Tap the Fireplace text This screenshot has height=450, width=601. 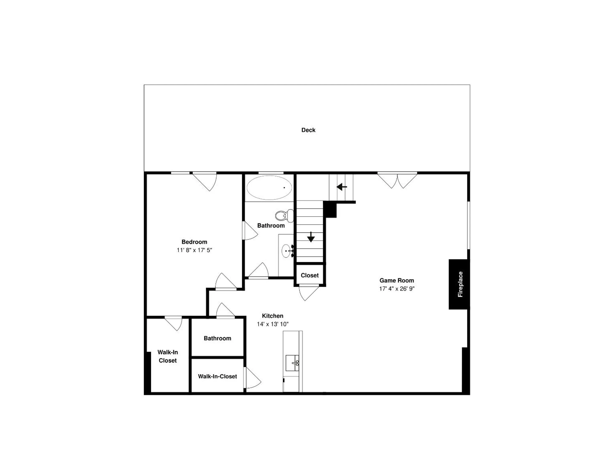click(460, 284)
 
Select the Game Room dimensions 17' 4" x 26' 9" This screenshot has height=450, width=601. click(397, 289)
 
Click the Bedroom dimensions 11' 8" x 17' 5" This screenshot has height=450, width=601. click(194, 250)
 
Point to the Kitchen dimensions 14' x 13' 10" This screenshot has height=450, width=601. click(273, 324)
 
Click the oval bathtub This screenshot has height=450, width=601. click(269, 187)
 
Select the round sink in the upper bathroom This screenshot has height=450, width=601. click(286, 251)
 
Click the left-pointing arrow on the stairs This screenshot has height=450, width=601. click(342, 187)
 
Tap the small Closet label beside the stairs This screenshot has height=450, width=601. click(309, 276)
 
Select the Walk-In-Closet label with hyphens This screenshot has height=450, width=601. click(217, 377)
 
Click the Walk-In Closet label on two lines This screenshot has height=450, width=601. click(168, 356)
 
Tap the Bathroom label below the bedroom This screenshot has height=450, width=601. click(217, 339)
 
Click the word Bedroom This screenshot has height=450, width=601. click(194, 242)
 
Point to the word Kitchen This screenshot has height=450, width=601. click(273, 316)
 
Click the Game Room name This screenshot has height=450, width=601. click(397, 281)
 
